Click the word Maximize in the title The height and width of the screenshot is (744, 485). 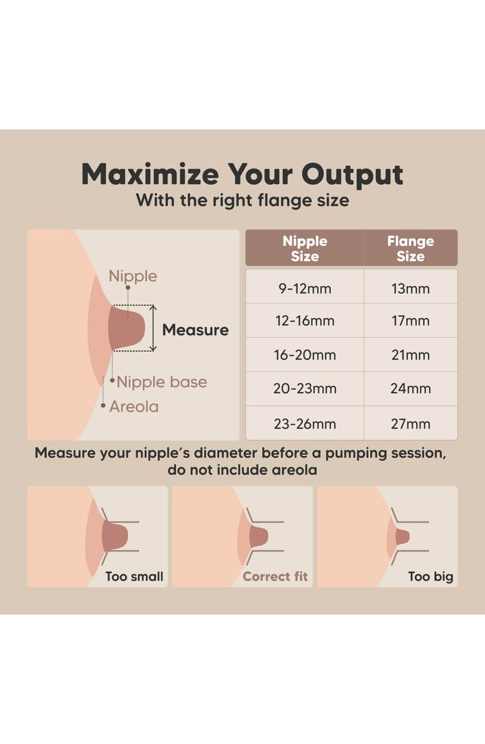pos(150,174)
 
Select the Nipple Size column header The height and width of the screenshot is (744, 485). pos(305,248)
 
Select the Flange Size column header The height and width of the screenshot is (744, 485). pos(410,248)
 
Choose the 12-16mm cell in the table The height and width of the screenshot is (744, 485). pos(305,321)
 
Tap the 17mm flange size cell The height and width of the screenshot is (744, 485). pos(410,321)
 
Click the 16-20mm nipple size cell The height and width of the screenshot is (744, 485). pos(305,355)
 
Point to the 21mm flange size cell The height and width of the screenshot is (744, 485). pos(410,355)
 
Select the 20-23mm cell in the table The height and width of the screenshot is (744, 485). pos(305,389)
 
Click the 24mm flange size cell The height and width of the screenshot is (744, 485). pos(410,389)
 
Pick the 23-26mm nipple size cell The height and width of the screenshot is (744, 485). pos(305,423)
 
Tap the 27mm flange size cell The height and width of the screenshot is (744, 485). pos(410,423)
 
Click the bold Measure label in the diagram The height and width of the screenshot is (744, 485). pos(195,330)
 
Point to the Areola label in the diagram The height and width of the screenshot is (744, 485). pos(134,407)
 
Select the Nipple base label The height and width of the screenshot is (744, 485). pos(162,382)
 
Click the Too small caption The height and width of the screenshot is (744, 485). pos(134,577)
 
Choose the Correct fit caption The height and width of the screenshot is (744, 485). pos(275,577)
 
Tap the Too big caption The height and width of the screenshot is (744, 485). pos(431,577)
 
